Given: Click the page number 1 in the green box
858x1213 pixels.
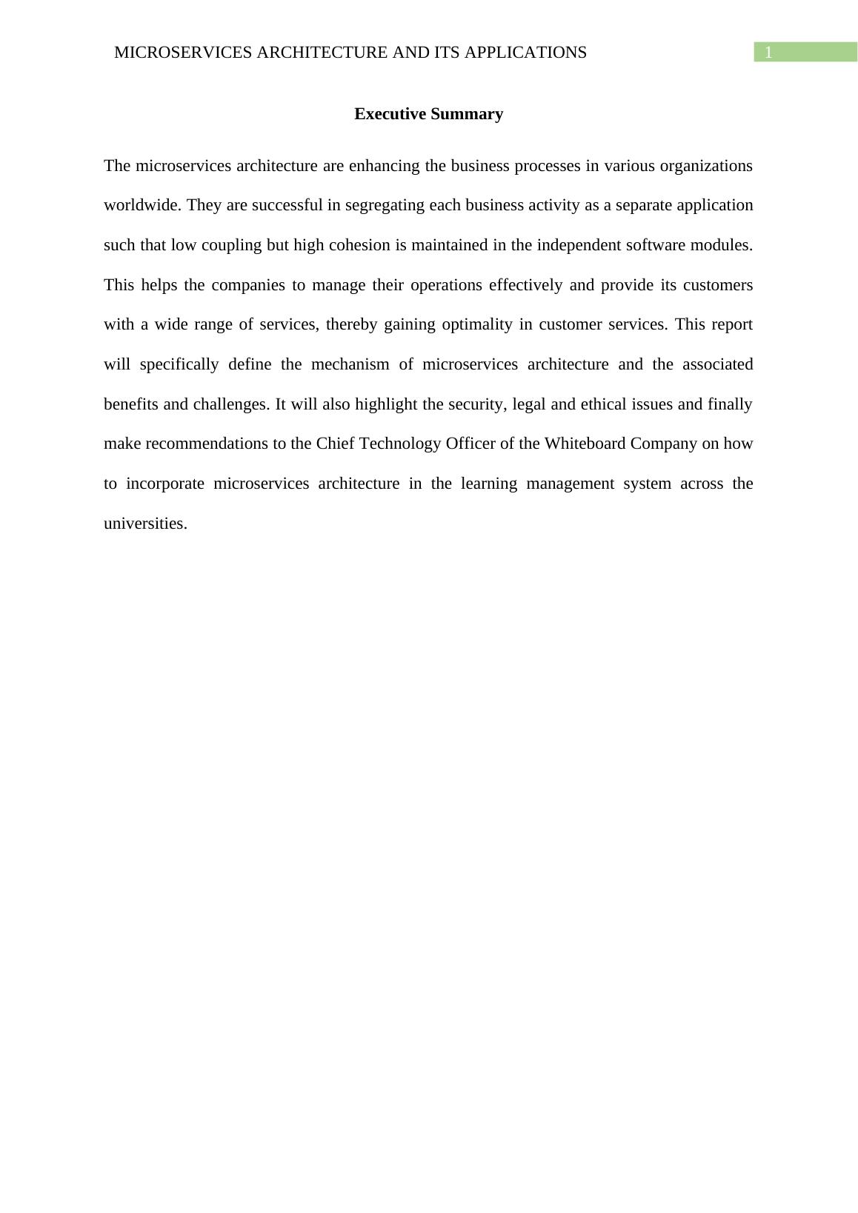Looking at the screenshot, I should pyautogui.click(x=768, y=53).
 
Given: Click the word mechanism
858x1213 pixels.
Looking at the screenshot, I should pyautogui.click(x=350, y=364).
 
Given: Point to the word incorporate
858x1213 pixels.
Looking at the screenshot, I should pyautogui.click(x=164, y=484).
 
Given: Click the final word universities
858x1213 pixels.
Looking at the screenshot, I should pyautogui.click(x=145, y=524).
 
